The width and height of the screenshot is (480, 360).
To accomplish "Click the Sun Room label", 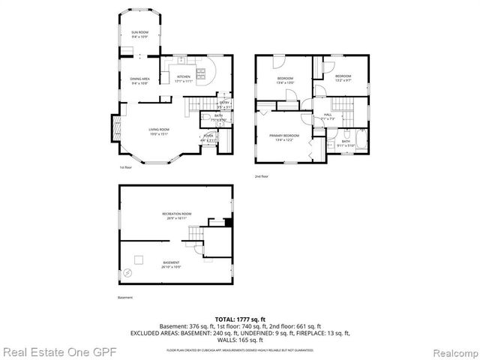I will tap(139, 34).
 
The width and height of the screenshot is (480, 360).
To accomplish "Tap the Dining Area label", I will tap(140, 81).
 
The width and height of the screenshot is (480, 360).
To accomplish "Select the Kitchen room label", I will tap(184, 78).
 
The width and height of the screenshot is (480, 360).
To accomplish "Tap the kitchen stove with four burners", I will tap(201, 73).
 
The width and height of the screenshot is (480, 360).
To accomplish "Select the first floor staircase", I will tap(197, 103).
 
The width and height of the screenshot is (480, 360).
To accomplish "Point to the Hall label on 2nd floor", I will tap(328, 116).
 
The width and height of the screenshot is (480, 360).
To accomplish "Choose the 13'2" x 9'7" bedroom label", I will tap(343, 78).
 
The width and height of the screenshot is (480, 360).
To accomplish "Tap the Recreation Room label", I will tap(177, 216).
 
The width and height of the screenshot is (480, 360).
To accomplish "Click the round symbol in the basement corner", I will tap(136, 259).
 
